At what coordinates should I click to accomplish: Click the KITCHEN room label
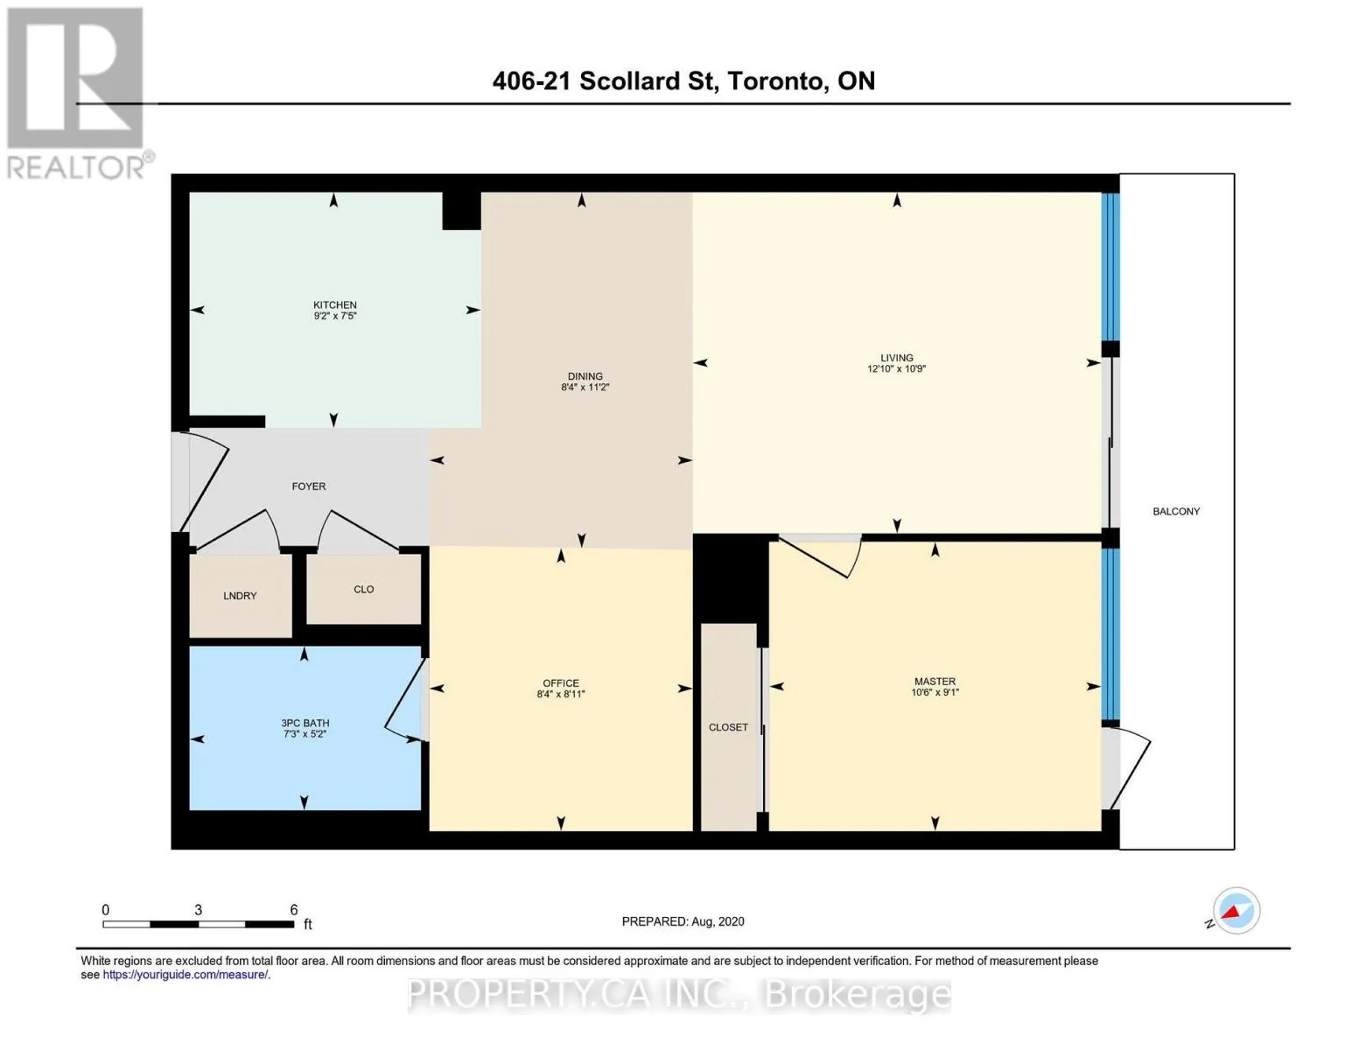pos(334,304)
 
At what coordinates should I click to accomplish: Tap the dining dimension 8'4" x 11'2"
pos(585,387)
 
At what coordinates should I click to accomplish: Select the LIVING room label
pos(896,358)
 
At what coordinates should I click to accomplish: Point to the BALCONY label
pos(1176,511)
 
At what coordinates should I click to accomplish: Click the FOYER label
pos(308,486)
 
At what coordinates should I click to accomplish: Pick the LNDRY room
pos(240,595)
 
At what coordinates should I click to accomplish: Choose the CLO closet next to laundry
pos(363,589)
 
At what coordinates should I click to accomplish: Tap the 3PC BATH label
pos(305,723)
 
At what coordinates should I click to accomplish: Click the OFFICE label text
pos(560,682)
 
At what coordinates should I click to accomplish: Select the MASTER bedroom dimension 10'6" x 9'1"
pos(935,692)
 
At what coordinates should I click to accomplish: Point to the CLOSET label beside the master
pos(728,727)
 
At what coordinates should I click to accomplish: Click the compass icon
pos(1236,911)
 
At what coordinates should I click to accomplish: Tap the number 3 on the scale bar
pos(198,910)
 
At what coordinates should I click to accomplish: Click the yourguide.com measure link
pos(186,975)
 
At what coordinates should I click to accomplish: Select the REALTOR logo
pos(77,93)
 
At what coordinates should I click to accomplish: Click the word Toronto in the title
pos(774,81)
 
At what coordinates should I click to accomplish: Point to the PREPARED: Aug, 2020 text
pos(683,921)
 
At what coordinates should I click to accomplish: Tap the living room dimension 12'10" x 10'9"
pos(896,369)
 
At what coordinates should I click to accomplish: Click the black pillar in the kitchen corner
pos(461,211)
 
